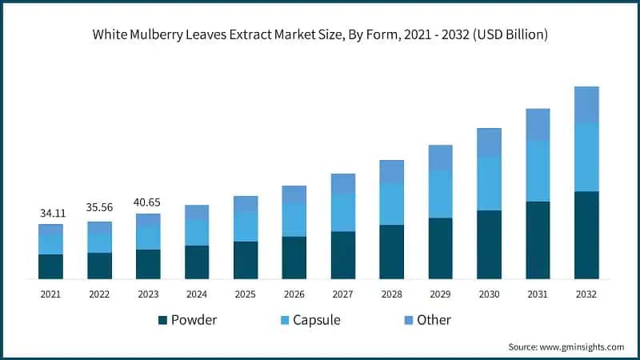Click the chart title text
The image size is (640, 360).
coord(320,34)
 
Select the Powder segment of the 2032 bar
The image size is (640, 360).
coord(586,235)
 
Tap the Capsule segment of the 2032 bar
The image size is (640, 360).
coord(586,158)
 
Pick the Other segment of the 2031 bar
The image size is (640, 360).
coord(538,124)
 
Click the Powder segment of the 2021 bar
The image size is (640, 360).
coord(50,266)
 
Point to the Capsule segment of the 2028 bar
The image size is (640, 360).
coord(391,204)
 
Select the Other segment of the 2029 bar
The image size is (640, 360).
coord(440,158)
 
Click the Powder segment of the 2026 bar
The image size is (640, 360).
coord(294,258)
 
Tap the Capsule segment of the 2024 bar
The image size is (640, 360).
coord(197,232)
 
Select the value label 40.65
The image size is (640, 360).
coord(148,202)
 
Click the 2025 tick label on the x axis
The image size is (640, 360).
coord(246,294)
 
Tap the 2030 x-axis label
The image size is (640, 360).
coord(489,294)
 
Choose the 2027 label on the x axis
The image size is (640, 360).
coord(343,294)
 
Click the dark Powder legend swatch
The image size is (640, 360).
coord(163,320)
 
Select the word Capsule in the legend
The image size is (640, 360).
coord(316,320)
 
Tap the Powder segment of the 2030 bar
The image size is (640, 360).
coord(489,245)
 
